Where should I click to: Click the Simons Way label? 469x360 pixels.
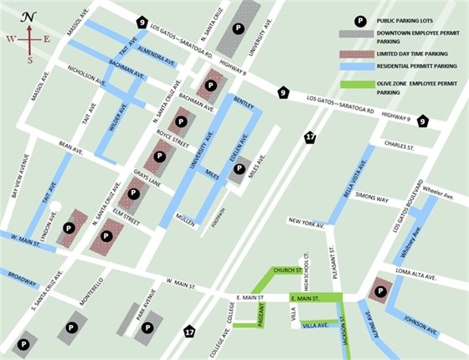[x=371, y=198]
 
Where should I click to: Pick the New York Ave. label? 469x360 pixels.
[x=306, y=222]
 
